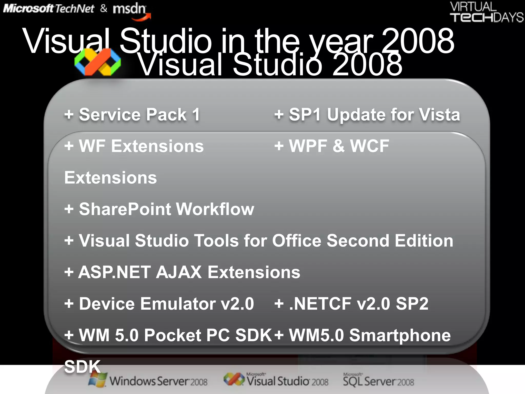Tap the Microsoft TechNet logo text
49,9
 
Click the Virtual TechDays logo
487,12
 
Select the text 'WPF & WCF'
339,146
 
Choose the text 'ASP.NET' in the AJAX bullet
114,272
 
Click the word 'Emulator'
178,304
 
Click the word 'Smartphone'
400,335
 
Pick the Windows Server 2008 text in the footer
158,381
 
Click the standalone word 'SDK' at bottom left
82,367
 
